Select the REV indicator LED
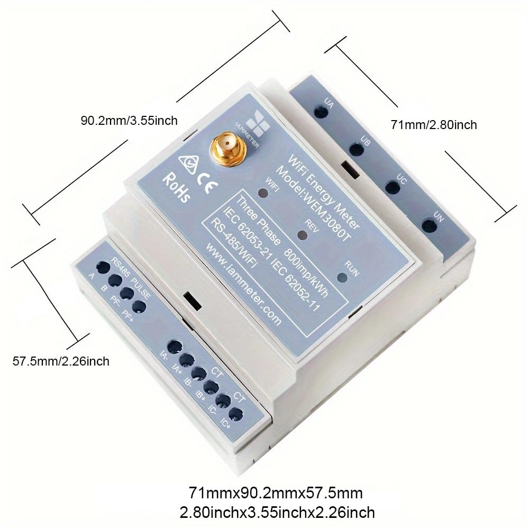(x=302, y=234)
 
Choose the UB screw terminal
(x=357, y=149)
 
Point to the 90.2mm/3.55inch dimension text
(x=129, y=120)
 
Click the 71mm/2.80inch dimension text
(x=434, y=125)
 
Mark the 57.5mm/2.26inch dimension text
(x=61, y=361)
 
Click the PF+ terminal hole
(x=139, y=306)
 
